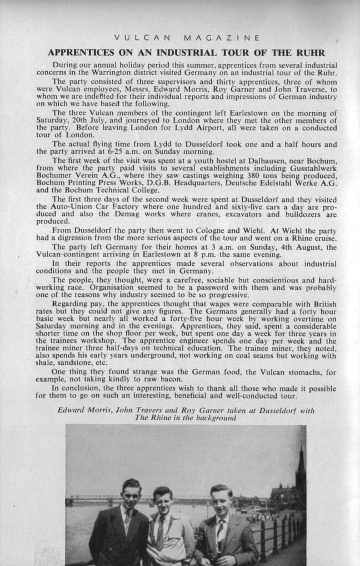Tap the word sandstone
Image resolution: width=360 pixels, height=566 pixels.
tap(77, 363)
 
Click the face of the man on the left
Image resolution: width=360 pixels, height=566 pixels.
tap(131, 493)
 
